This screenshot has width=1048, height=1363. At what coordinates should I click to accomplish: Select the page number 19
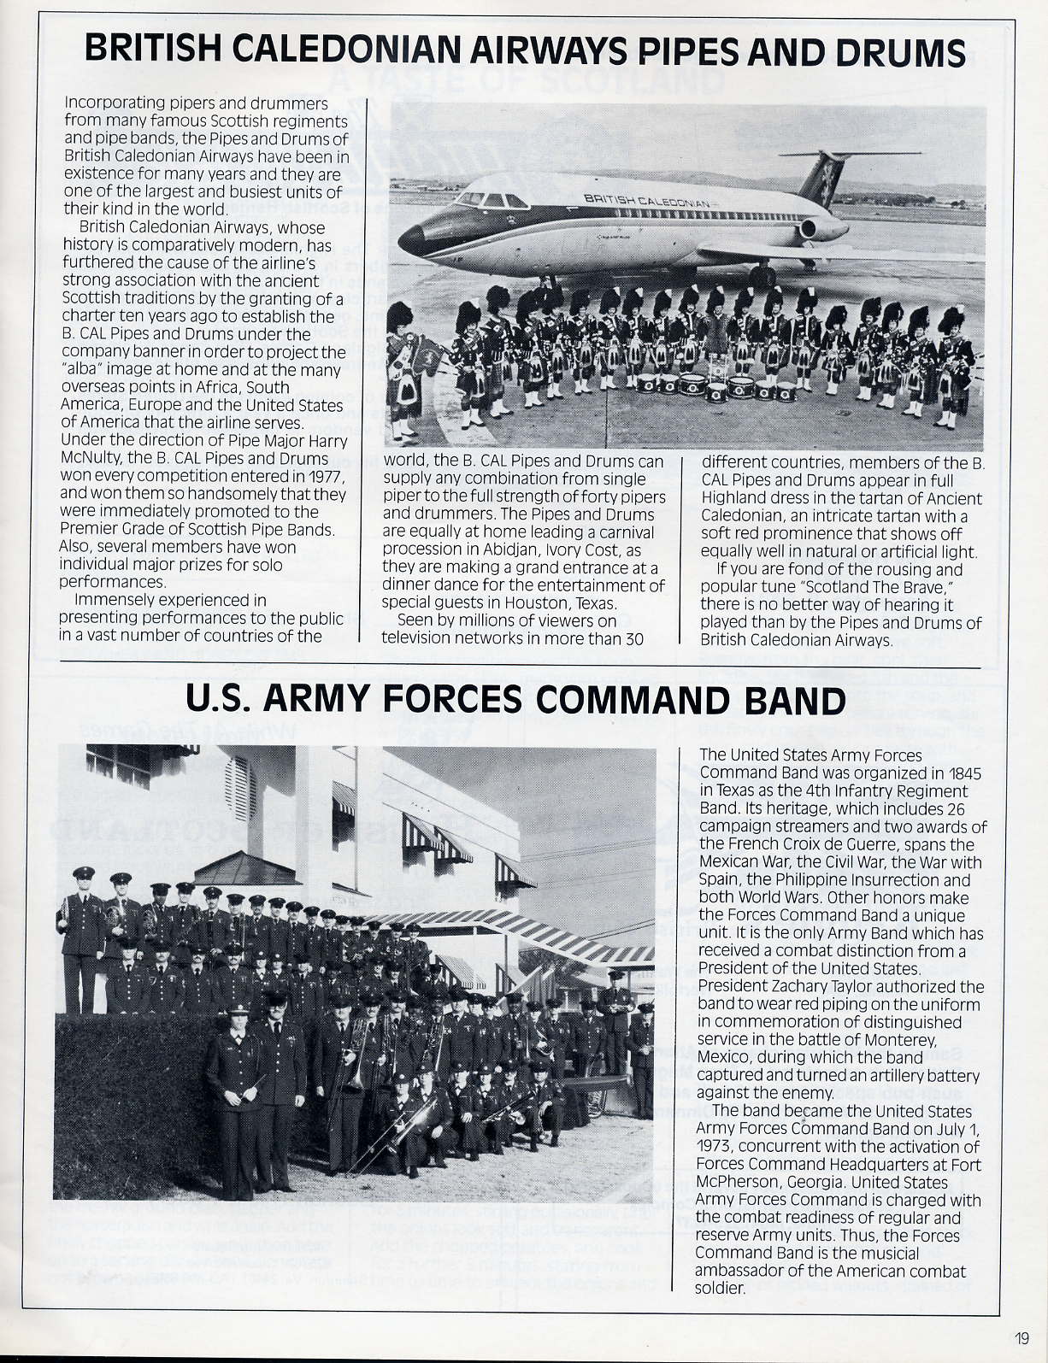pyautogui.click(x=1022, y=1338)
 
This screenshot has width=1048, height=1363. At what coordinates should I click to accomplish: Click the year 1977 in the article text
pyautogui.click(x=327, y=476)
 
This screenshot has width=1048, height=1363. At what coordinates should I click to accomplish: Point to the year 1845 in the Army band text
pyautogui.click(x=963, y=773)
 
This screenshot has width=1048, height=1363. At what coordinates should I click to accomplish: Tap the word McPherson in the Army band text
pyautogui.click(x=738, y=1183)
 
